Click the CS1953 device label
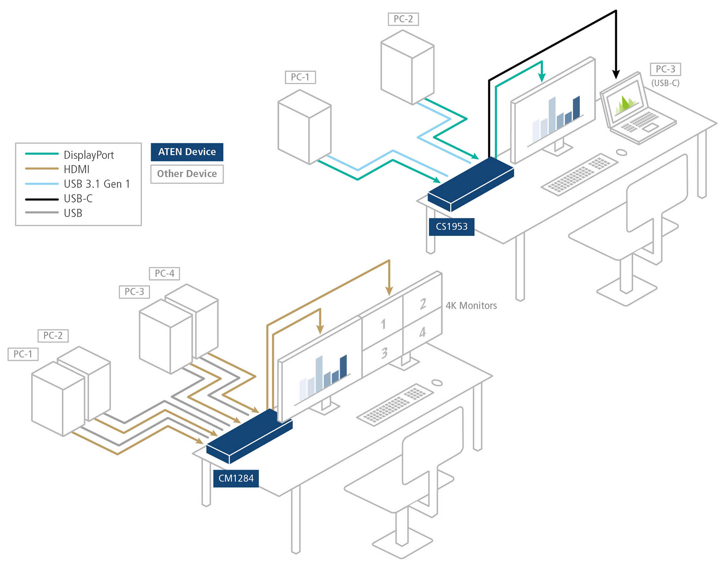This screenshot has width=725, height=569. click(451, 227)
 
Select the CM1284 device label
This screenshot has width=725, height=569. click(236, 478)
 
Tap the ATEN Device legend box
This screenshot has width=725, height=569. click(187, 152)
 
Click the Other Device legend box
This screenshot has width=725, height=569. click(187, 174)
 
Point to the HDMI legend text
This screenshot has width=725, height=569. click(76, 169)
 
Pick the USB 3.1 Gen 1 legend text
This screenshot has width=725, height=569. click(97, 184)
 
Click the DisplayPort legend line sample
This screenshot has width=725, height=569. click(41, 154)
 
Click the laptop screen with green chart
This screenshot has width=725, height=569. click(625, 101)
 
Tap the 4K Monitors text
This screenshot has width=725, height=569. click(471, 306)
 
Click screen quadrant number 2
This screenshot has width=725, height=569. click(423, 304)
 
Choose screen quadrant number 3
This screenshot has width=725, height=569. click(384, 353)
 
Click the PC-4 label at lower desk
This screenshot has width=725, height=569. click(164, 273)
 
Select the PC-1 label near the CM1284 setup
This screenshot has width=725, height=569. click(23, 354)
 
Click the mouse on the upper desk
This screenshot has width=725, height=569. click(621, 152)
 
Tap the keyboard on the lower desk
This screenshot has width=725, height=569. click(395, 405)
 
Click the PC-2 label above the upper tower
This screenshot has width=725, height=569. click(403, 19)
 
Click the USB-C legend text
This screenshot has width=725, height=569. click(78, 198)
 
